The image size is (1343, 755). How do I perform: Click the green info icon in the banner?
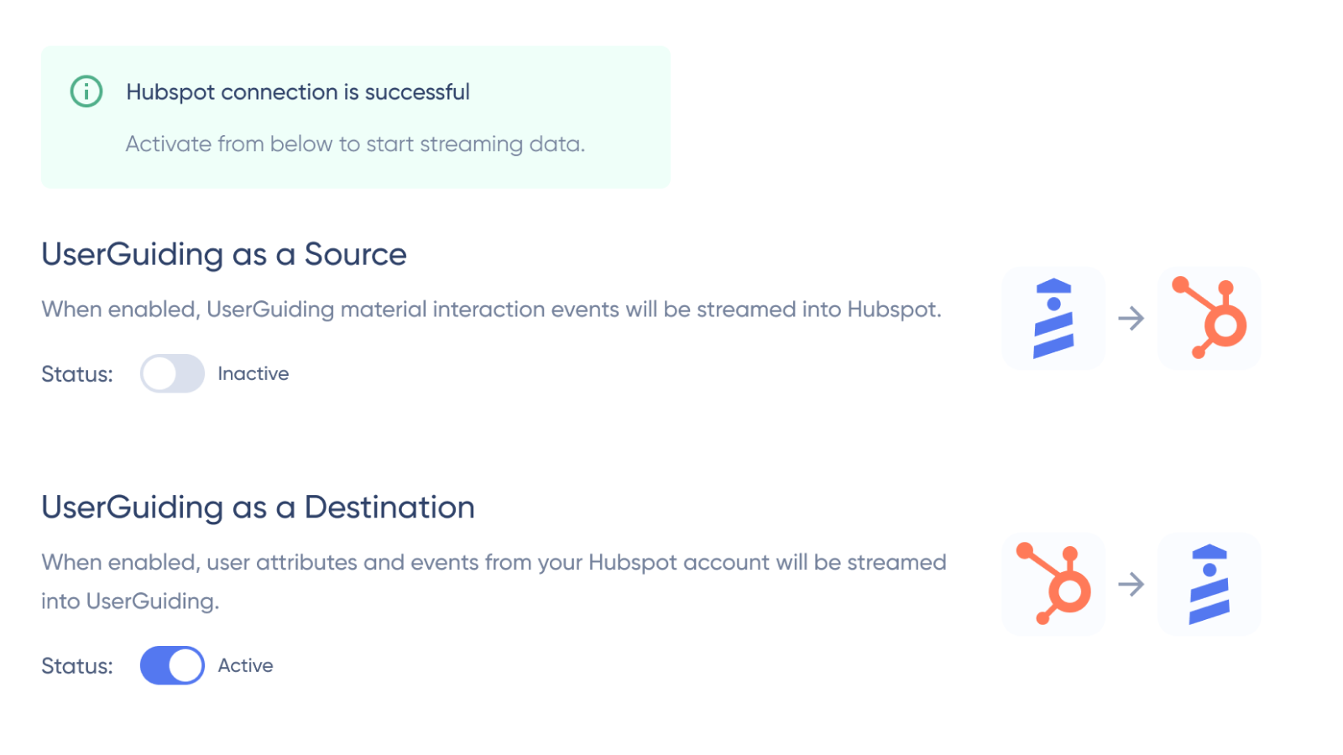pyautogui.click(x=86, y=91)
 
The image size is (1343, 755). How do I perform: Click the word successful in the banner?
pyautogui.click(x=417, y=91)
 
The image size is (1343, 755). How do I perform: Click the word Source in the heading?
pyautogui.click(x=356, y=254)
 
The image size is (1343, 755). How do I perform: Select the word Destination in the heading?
pyautogui.click(x=389, y=507)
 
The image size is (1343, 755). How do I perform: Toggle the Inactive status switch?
pyautogui.click(x=172, y=373)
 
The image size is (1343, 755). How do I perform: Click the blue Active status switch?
pyautogui.click(x=172, y=665)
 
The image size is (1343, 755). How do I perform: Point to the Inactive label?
pyautogui.click(x=253, y=373)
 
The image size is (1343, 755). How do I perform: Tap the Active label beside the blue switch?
pyautogui.click(x=245, y=665)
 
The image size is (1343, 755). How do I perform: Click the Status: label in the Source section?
pyautogui.click(x=77, y=374)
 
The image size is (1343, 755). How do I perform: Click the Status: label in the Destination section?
pyautogui.click(x=77, y=666)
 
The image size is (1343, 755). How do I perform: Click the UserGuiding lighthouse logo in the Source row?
pyautogui.click(x=1053, y=318)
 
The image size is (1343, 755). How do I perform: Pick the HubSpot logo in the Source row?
pyautogui.click(x=1210, y=318)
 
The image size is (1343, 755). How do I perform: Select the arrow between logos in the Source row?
pyautogui.click(x=1131, y=318)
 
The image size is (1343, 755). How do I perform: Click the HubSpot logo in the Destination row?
pyautogui.click(x=1053, y=584)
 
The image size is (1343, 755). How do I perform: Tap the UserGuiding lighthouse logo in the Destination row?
pyautogui.click(x=1210, y=584)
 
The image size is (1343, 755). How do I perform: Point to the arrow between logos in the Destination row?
pyautogui.click(x=1131, y=584)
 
